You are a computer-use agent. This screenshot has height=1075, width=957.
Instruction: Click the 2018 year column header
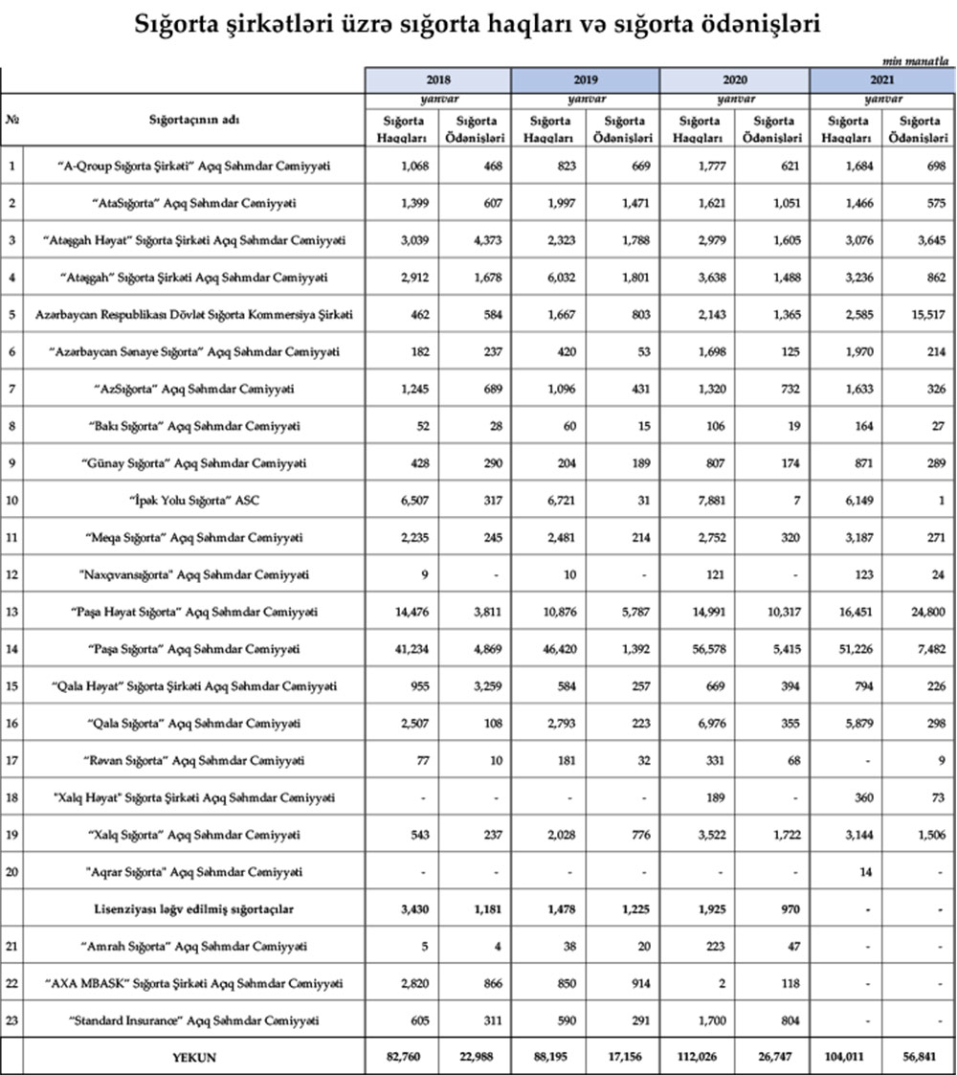point(438,81)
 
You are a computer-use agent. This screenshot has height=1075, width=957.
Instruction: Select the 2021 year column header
point(882,81)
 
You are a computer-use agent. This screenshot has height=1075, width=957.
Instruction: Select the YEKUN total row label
point(195,1057)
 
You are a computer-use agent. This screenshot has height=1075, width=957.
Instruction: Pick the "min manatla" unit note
point(923,60)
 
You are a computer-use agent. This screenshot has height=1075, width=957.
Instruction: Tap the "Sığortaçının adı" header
point(194,121)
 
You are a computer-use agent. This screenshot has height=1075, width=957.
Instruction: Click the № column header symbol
point(12,121)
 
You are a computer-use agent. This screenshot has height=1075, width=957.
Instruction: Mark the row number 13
point(12,612)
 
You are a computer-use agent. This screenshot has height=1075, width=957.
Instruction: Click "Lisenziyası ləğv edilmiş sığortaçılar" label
point(195,908)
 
